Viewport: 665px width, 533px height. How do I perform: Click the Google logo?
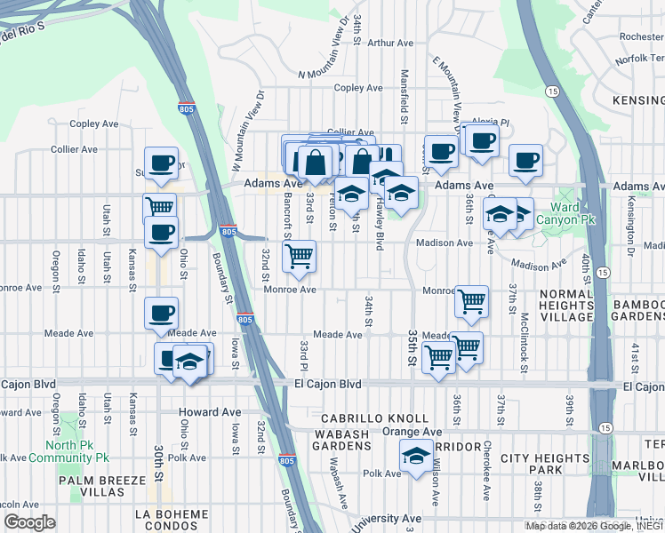click(x=29, y=522)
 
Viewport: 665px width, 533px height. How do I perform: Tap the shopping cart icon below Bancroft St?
click(x=300, y=256)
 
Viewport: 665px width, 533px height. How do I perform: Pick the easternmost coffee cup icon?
click(x=525, y=161)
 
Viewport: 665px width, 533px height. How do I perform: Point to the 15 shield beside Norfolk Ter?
click(x=552, y=91)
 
